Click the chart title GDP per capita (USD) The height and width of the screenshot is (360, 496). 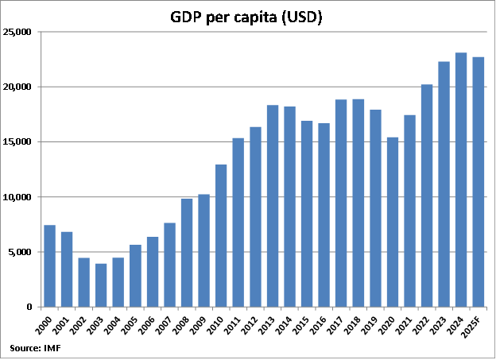click(246, 17)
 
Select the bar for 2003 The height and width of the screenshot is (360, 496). click(101, 285)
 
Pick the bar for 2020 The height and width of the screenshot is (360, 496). click(392, 222)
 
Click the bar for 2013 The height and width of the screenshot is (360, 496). click(273, 206)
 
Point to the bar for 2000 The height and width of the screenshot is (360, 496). click(49, 266)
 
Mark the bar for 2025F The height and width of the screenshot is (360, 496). click(478, 182)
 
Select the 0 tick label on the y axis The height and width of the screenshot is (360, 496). click(29, 307)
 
